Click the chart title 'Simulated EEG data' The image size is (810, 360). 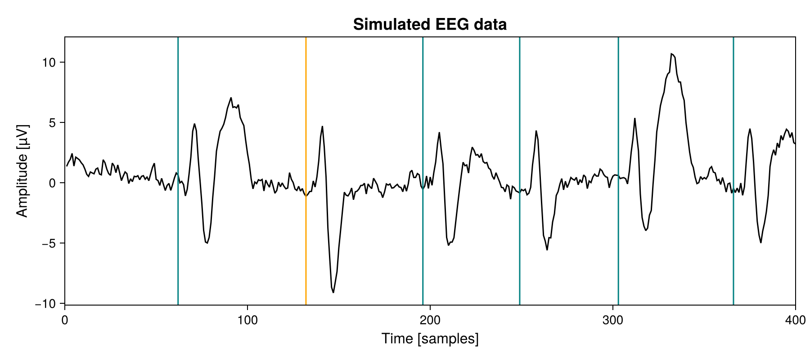(x=430, y=24)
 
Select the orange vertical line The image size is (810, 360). (x=306, y=135)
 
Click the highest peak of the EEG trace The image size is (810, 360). (x=671, y=54)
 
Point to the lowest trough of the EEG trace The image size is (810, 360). (x=333, y=292)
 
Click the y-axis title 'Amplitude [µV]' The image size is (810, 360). (x=22, y=171)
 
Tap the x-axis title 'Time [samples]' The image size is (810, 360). (x=430, y=339)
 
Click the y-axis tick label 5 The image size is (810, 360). (x=51, y=123)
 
